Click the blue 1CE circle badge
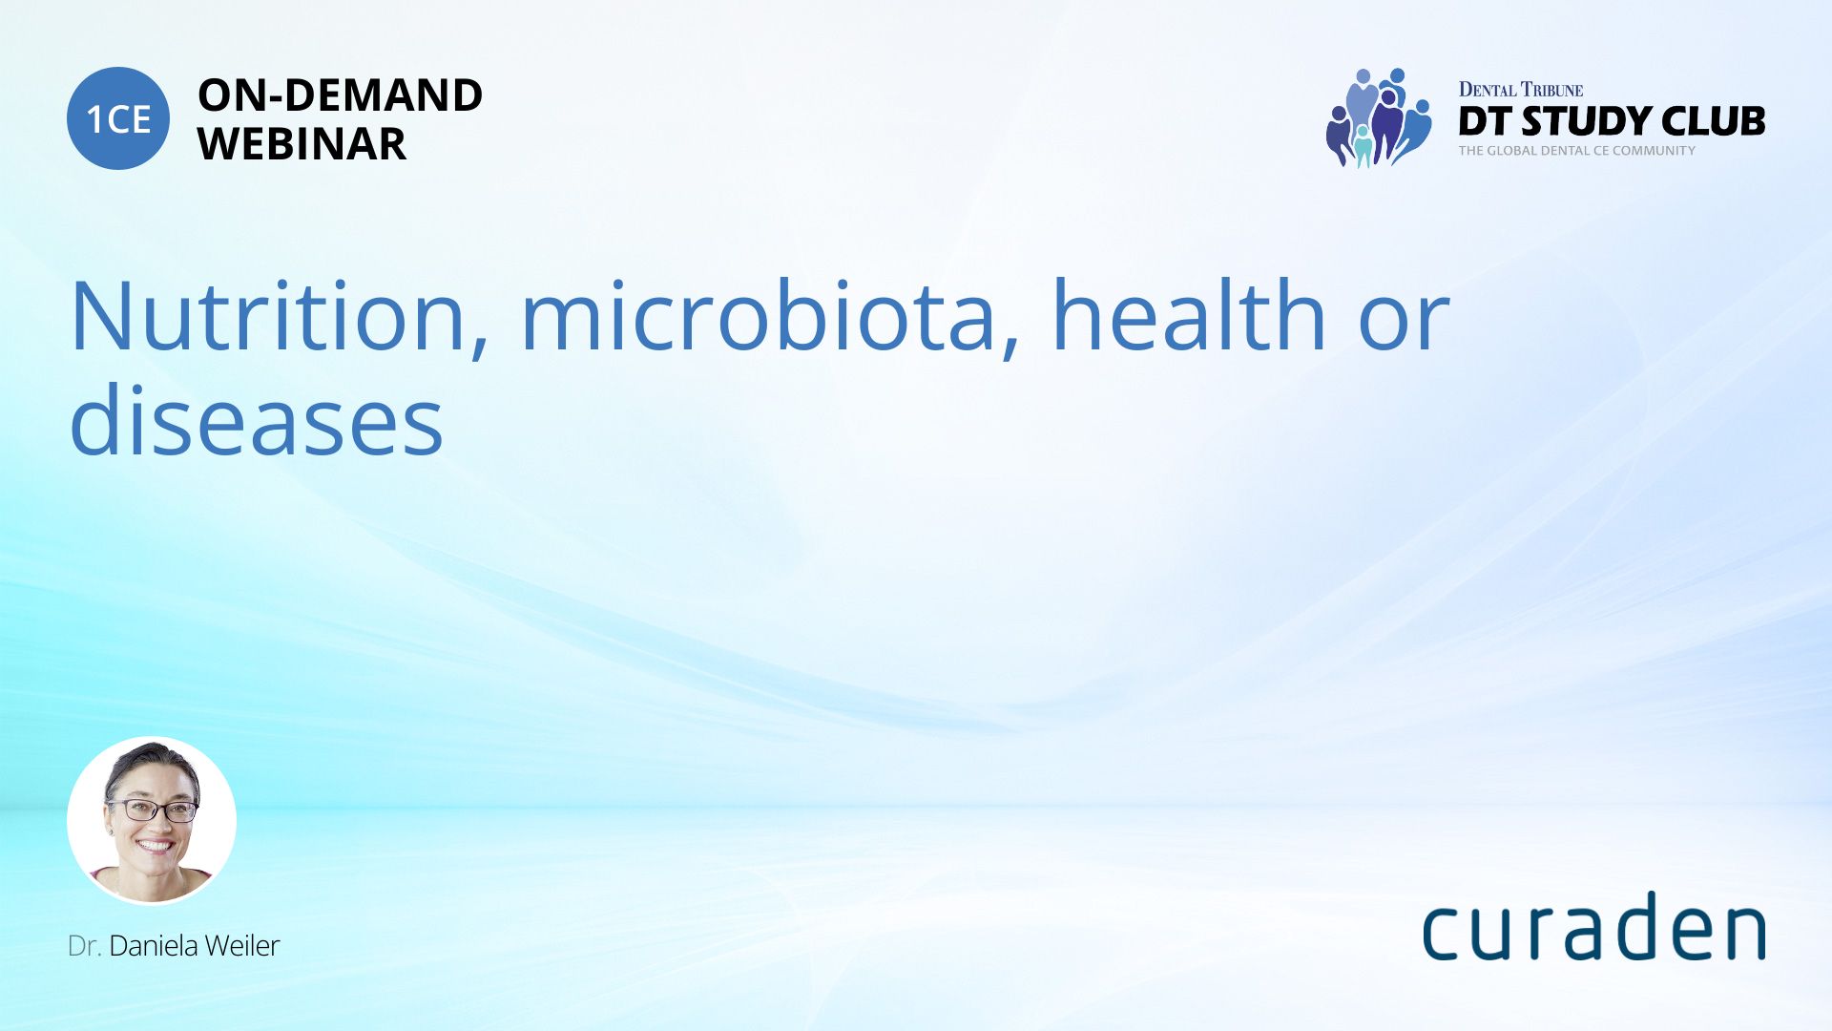pos(118,118)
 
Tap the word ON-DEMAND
pos(340,95)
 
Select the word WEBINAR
pos(302,144)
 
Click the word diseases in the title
pos(257,417)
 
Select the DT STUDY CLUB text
pos(1612,121)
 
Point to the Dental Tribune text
pos(1521,90)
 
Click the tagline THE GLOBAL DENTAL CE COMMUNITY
pos(1576,151)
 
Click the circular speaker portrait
pos(152,821)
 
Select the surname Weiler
pos(242,946)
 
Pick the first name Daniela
pos(154,946)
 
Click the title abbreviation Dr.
pos(84,946)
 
